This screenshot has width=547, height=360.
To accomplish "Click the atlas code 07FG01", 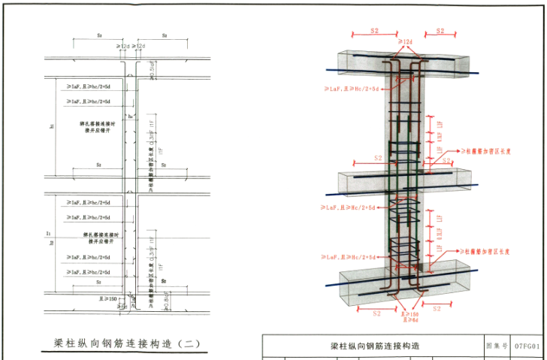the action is (527, 346).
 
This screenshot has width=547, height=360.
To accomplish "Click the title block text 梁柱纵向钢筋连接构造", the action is (376, 346).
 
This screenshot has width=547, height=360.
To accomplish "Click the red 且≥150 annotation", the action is (410, 313).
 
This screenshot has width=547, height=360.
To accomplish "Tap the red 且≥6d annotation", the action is (409, 320).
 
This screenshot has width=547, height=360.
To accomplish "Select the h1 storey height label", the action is (52, 126).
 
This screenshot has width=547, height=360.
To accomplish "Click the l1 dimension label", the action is (48, 234).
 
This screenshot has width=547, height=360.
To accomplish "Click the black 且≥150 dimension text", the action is (113, 298).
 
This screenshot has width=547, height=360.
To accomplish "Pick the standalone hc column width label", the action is (130, 116).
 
